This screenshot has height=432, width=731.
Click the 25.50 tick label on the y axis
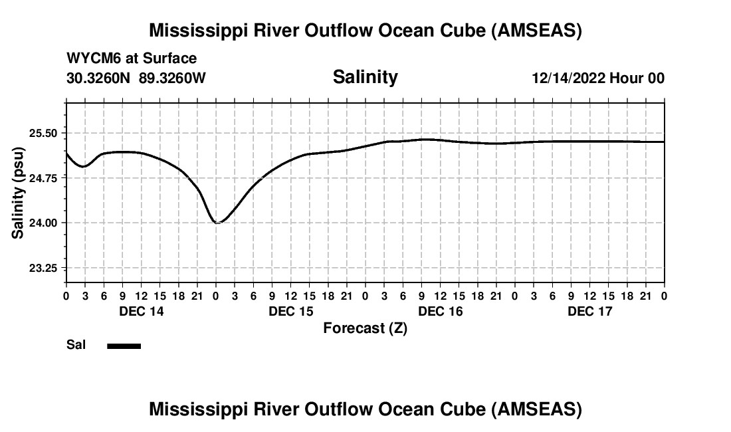tap(44, 133)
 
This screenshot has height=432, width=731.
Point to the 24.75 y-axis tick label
tap(44, 178)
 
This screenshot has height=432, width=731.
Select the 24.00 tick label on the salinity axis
tap(44, 223)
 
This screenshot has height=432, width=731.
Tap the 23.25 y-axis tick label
tap(44, 268)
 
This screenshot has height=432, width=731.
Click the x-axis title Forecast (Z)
tap(365, 328)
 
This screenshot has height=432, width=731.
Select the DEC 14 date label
tap(141, 311)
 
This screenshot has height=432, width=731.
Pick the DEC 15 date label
tap(290, 311)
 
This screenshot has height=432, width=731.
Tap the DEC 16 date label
tap(440, 311)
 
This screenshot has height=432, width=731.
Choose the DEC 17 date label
tap(589, 311)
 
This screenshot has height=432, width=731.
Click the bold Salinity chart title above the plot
tap(365, 77)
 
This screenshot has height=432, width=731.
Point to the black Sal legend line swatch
tap(124, 346)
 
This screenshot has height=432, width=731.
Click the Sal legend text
tap(74, 345)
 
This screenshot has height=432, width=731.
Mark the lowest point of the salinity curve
tap(217, 223)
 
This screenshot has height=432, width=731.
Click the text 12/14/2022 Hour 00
tap(597, 78)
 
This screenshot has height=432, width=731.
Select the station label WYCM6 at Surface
tap(132, 58)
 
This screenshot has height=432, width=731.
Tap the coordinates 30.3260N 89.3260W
tap(136, 78)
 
